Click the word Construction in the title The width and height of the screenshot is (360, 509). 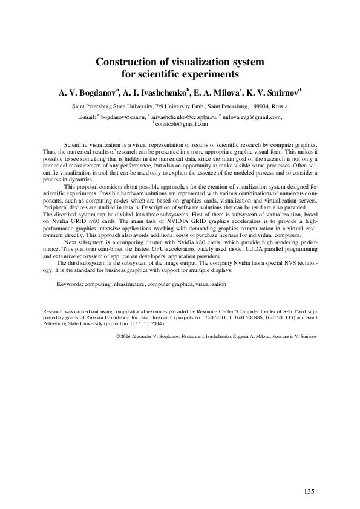(125, 62)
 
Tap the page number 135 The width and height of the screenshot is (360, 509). (309, 491)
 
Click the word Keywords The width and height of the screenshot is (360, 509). (70, 284)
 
